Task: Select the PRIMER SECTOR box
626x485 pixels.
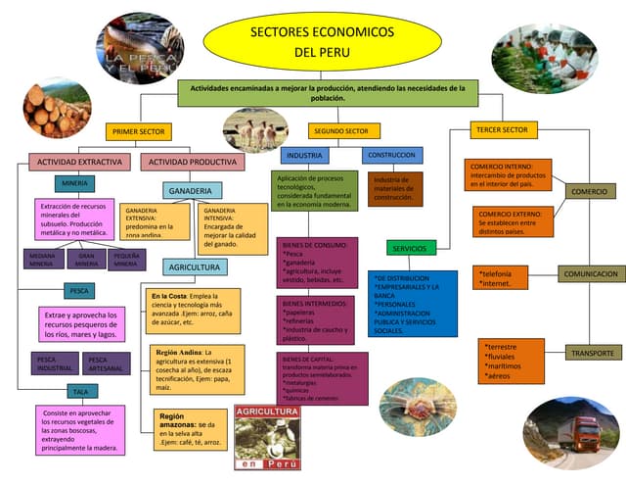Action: point(139,130)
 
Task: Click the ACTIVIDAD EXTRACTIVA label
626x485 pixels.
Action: point(80,162)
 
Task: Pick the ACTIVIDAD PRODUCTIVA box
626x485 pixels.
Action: point(192,162)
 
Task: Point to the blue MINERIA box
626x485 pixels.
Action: point(74,183)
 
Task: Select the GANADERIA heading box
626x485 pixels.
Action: point(192,190)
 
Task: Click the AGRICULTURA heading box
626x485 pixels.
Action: point(194,267)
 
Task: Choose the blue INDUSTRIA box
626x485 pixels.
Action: point(305,156)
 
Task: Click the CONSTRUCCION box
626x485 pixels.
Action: point(392,155)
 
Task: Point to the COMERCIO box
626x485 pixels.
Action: point(590,191)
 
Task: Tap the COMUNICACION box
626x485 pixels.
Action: point(590,274)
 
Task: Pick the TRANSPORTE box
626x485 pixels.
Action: point(590,352)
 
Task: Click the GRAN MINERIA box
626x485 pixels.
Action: point(86,260)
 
